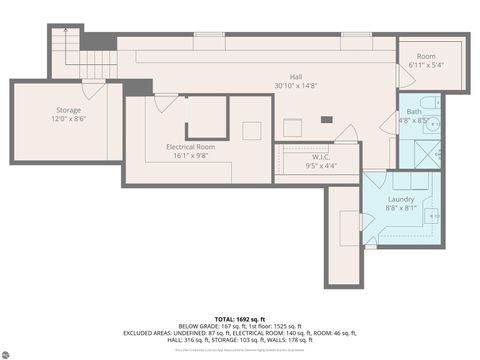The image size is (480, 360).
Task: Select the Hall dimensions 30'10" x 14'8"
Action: (x=295, y=87)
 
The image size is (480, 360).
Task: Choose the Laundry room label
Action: (x=400, y=198)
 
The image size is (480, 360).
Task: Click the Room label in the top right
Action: (x=427, y=57)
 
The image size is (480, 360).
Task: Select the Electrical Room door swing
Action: (x=166, y=101)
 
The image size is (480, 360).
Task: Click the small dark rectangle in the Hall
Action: (x=326, y=119)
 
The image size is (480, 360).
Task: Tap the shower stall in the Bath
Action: (x=432, y=155)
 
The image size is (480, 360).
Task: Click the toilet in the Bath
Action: (x=427, y=103)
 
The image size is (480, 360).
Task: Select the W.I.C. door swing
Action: (x=345, y=133)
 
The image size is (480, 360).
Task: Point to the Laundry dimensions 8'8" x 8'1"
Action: (x=400, y=208)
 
